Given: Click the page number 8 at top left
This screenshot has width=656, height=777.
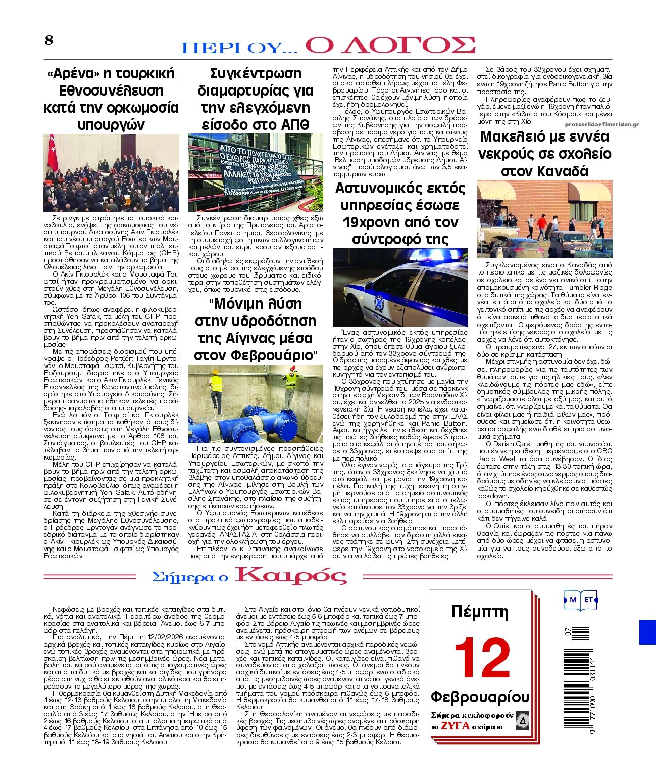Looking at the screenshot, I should tap(48, 40).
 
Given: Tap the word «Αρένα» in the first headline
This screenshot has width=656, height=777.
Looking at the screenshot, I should tap(71, 73).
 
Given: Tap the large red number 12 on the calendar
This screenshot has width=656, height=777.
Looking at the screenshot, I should tap(482, 658).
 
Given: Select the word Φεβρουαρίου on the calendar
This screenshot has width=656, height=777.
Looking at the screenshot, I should tap(480, 697).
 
